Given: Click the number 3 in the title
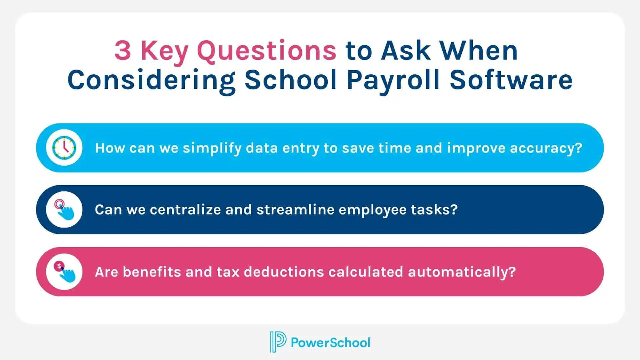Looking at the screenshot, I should point(123,51).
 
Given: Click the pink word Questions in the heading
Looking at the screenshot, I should point(267,51).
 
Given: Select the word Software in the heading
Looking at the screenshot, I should point(511,80).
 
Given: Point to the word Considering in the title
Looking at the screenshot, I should point(152,80).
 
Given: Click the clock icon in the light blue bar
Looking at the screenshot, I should point(64,148).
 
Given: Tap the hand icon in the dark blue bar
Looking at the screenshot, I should point(64,210).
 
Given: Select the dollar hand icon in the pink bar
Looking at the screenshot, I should point(64,272).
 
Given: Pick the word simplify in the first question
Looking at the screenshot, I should point(212,148).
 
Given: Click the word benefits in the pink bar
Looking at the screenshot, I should point(152,272).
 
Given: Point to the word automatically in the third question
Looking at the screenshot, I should point(462,272).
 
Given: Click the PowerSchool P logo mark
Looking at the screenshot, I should point(278,342).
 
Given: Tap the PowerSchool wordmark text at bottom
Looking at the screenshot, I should point(330,342).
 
